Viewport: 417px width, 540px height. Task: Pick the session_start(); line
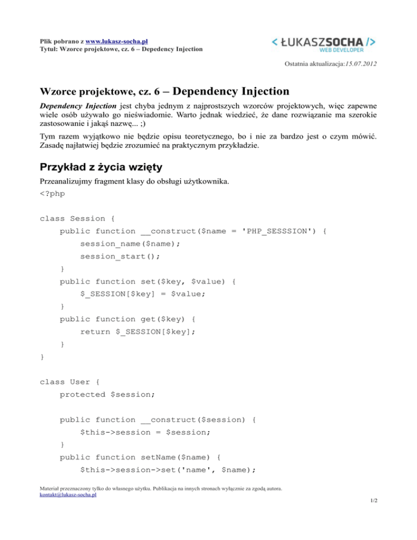click(x=121, y=256)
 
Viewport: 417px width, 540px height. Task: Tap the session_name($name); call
click(x=130, y=243)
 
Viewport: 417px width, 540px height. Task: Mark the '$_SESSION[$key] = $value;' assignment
click(x=143, y=294)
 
